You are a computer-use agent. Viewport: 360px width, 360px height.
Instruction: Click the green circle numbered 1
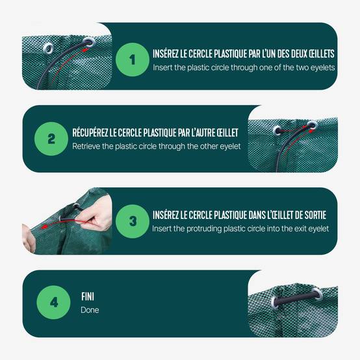click(133, 60)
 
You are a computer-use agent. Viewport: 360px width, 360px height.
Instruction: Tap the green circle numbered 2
click(51, 139)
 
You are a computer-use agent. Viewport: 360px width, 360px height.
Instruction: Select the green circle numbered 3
click(133, 222)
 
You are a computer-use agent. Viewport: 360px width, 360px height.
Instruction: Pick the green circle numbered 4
click(53, 302)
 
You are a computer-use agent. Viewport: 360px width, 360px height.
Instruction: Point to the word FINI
click(88, 296)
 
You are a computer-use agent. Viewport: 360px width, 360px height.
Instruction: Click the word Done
click(90, 310)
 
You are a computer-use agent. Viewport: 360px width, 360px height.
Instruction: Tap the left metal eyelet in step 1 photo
click(48, 48)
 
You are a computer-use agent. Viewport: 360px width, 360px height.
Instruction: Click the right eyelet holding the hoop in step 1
click(88, 42)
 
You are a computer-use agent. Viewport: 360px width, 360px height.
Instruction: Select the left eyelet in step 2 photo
click(277, 130)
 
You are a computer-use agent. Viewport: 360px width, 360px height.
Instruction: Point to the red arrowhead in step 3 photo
click(44, 227)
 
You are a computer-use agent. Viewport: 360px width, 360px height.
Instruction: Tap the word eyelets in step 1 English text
click(322, 68)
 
